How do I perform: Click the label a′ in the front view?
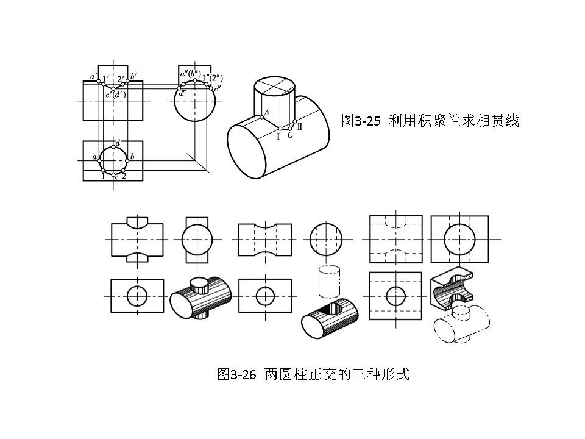tap(93, 77)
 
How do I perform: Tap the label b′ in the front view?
tap(133, 76)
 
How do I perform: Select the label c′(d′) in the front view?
tap(115, 95)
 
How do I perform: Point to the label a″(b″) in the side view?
tap(190, 75)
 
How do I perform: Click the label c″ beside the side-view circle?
tap(217, 89)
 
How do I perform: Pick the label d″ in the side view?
tap(182, 94)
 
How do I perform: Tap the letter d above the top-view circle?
tap(118, 142)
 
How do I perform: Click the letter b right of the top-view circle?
tap(132, 158)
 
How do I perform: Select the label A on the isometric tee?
tap(266, 113)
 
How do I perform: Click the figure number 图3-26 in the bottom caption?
tap(237, 374)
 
